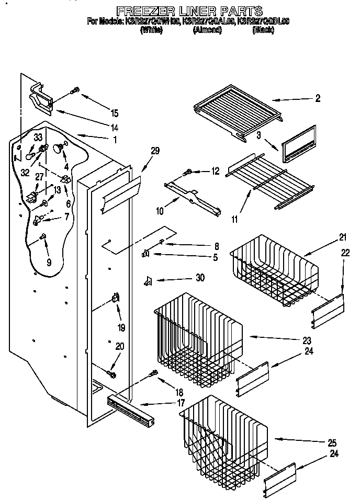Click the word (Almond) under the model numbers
pyautogui.click(x=207, y=30)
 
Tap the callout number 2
pyautogui.click(x=318, y=98)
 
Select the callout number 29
pyautogui.click(x=155, y=151)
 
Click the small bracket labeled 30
pyautogui.click(x=148, y=281)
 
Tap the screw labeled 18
pyautogui.click(x=153, y=373)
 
